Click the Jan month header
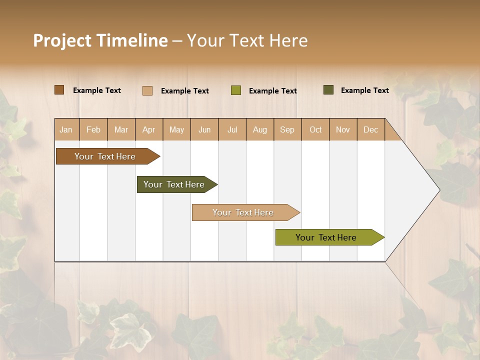66,129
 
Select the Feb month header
93,129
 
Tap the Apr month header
149,129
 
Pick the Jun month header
204,129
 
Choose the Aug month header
260,129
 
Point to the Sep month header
287,129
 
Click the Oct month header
315,129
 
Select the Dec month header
371,129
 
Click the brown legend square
59,90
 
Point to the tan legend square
147,90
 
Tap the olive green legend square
236,90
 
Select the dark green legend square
328,90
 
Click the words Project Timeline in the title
100,40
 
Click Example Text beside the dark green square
364,90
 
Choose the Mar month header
121,129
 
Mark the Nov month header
343,129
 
